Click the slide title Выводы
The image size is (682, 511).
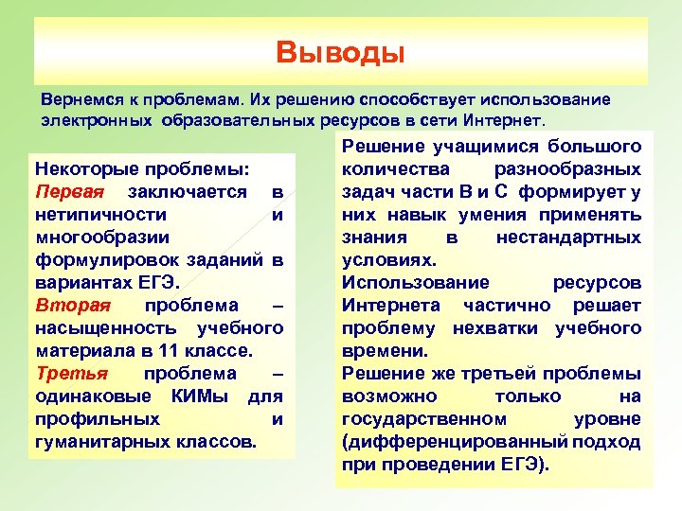(x=340, y=51)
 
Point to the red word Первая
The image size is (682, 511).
(x=66, y=192)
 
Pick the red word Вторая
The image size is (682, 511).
(x=72, y=306)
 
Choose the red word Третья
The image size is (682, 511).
(x=68, y=374)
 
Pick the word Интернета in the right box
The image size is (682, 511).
(x=390, y=306)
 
